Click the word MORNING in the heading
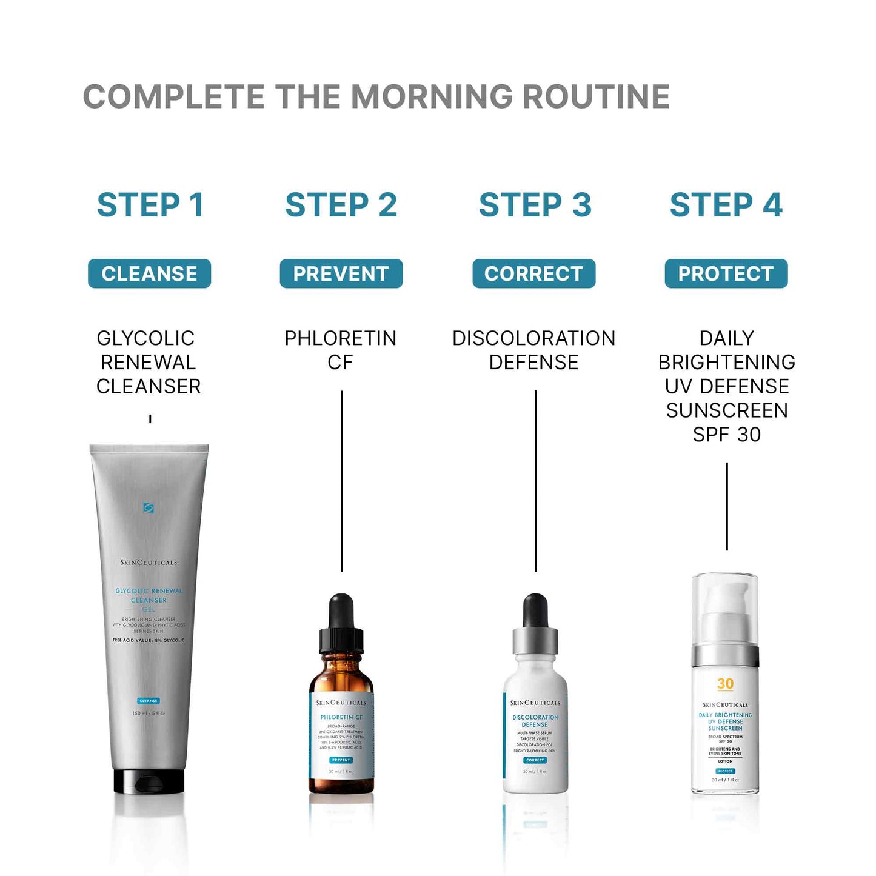(x=432, y=97)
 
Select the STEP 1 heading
(x=150, y=205)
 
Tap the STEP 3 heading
(x=535, y=205)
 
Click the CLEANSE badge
(x=149, y=273)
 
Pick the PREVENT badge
(x=341, y=273)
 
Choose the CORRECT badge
(x=533, y=273)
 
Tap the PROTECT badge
(x=726, y=273)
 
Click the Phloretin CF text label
(x=340, y=350)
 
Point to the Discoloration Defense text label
(x=533, y=350)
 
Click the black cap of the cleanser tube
(x=149, y=782)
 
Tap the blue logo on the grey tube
(x=148, y=508)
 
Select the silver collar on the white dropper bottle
(x=535, y=640)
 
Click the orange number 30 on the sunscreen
(x=725, y=684)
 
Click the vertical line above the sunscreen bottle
(x=727, y=506)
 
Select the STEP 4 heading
(x=726, y=205)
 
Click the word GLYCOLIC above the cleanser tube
(x=145, y=338)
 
